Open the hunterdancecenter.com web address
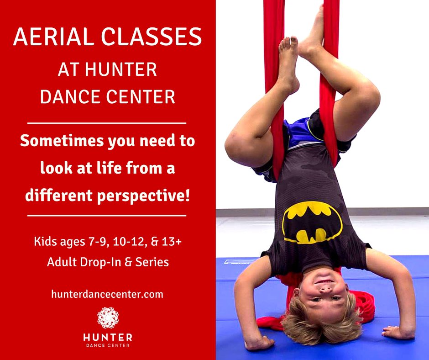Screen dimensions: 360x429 tap(107, 294)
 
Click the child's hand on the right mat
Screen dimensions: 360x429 tap(397, 331)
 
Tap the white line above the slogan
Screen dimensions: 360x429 tap(107, 123)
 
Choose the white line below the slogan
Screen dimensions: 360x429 tap(107, 215)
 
